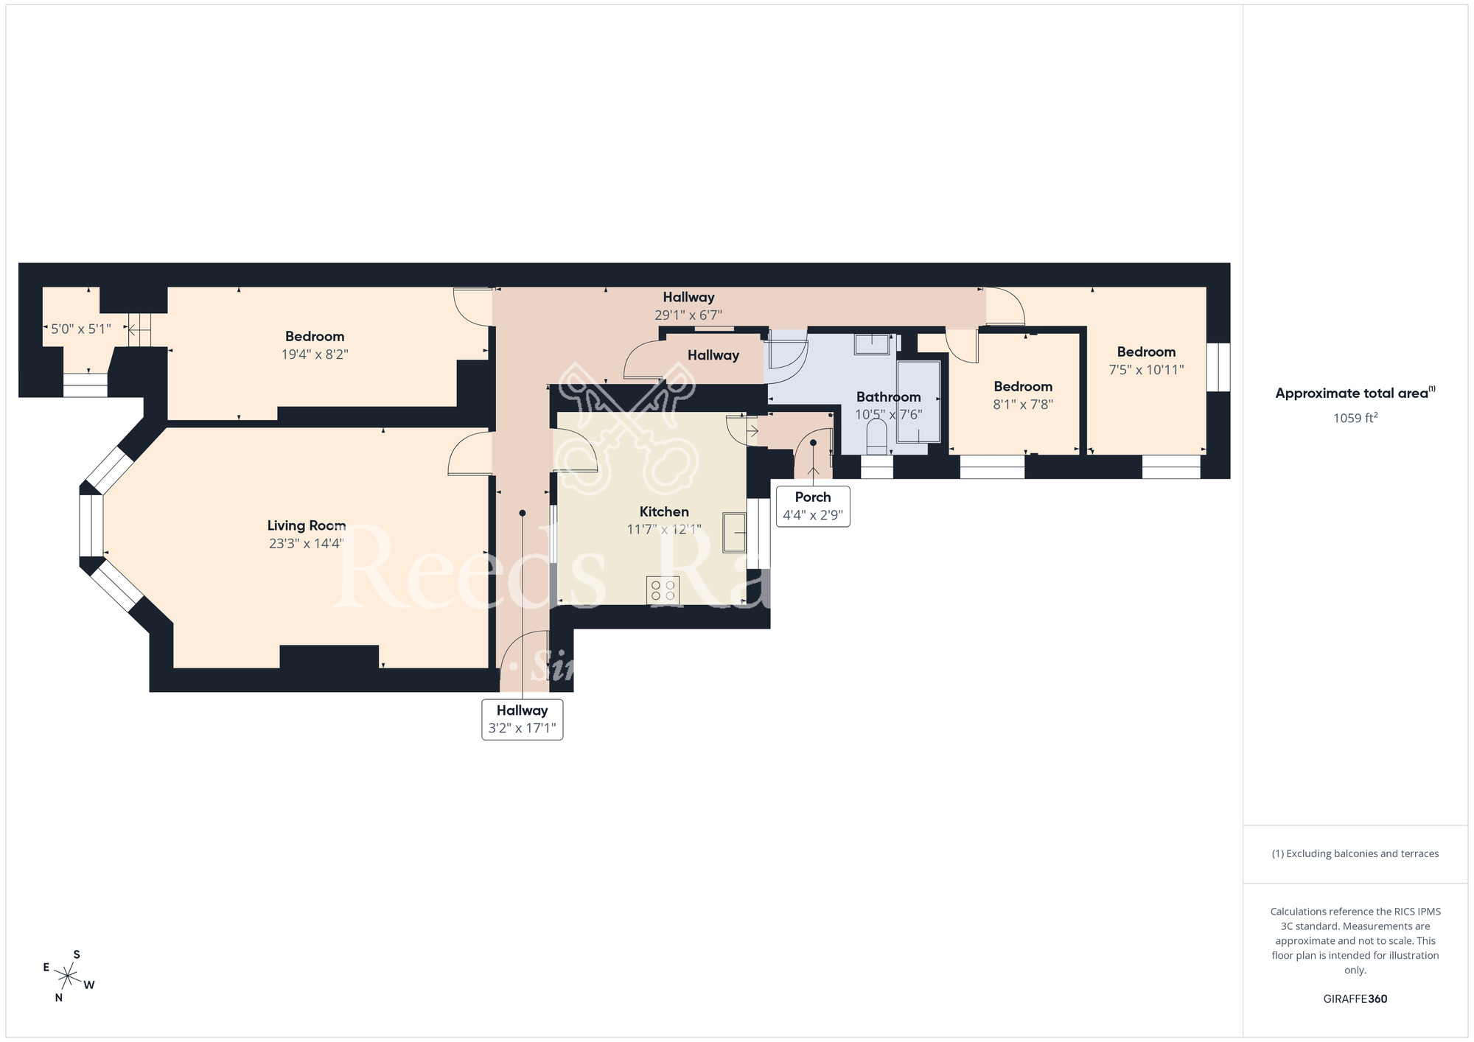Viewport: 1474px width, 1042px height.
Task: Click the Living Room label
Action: pos(306,525)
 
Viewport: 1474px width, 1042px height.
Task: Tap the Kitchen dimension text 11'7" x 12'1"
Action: pos(663,529)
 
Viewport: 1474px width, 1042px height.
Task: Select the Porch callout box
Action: pos(812,506)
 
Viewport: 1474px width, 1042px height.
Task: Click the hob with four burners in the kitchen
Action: pos(663,590)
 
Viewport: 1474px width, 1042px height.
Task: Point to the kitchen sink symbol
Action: pos(734,532)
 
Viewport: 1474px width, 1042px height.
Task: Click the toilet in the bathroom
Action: pos(876,437)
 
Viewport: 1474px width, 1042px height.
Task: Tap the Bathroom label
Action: pos(888,397)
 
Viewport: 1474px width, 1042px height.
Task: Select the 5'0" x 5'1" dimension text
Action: pos(81,329)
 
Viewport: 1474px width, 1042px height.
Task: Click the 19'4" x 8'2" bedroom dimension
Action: pos(315,354)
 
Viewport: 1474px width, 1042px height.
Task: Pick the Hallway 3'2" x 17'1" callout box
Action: pos(522,719)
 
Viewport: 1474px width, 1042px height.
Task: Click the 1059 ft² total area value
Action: pos(1355,418)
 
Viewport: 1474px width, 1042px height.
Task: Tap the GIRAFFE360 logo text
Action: pos(1355,999)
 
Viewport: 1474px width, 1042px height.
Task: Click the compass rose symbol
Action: pos(69,977)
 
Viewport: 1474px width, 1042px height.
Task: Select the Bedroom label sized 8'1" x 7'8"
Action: pos(1022,386)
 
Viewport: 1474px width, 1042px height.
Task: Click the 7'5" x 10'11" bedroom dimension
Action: pos(1146,370)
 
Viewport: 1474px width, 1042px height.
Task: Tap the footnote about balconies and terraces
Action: pos(1355,853)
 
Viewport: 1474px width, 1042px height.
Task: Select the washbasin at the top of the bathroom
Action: pos(873,344)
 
